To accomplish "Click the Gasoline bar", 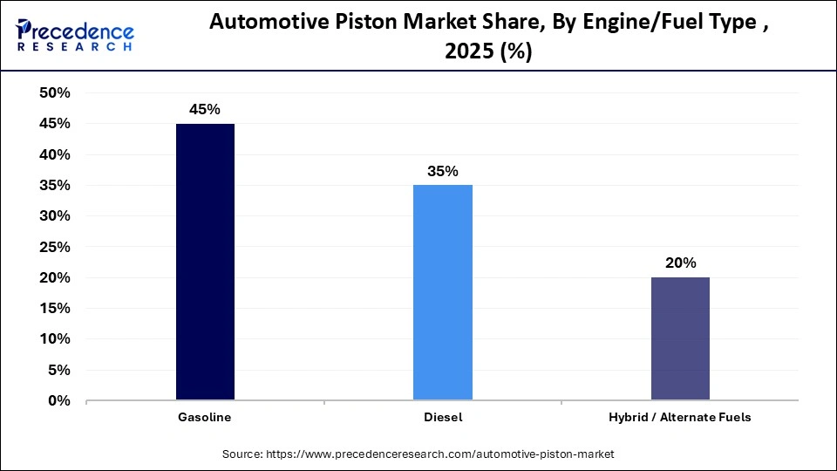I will click(205, 262).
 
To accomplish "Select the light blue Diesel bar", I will click(443, 292).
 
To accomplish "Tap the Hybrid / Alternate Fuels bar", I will click(680, 338).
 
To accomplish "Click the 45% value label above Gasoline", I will click(205, 110).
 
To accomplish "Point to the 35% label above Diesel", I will click(443, 171).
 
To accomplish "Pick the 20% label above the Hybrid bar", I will click(680, 263).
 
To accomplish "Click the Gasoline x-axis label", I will click(205, 418).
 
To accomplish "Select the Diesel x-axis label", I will click(443, 418).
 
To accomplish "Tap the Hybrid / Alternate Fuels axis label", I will click(680, 418).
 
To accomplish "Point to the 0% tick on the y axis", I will click(59, 401).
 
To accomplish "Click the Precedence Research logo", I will click(75, 36).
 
